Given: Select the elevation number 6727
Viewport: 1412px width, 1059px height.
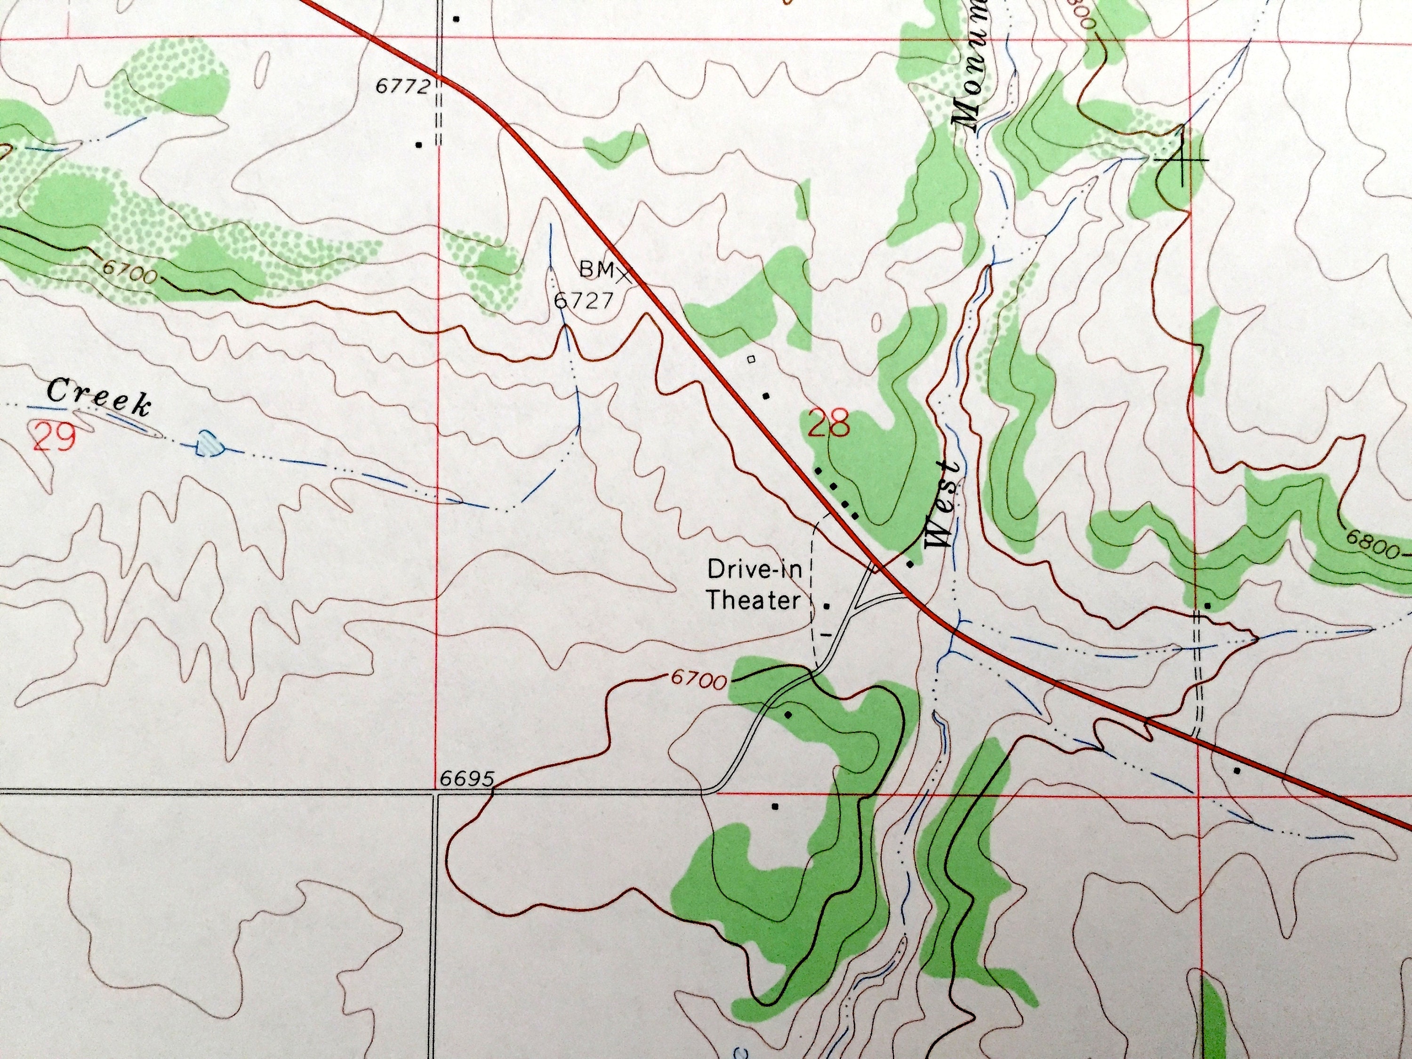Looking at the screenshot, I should click(x=582, y=300).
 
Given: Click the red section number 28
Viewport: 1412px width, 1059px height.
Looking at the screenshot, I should click(x=828, y=425).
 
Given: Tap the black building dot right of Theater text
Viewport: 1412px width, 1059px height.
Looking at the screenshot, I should click(x=827, y=606).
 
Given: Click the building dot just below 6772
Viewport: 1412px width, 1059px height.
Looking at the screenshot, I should click(x=419, y=144).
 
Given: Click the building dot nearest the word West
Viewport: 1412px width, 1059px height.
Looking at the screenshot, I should click(x=910, y=564).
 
